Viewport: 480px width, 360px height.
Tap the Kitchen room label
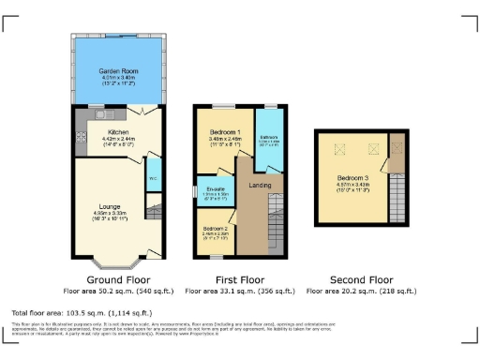click(x=118, y=132)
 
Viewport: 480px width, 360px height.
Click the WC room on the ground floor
click(x=151, y=175)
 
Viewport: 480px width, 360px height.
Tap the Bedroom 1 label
click(x=225, y=132)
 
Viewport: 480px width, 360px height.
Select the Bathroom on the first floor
click(x=268, y=142)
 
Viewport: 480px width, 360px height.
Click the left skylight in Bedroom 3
click(x=335, y=147)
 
